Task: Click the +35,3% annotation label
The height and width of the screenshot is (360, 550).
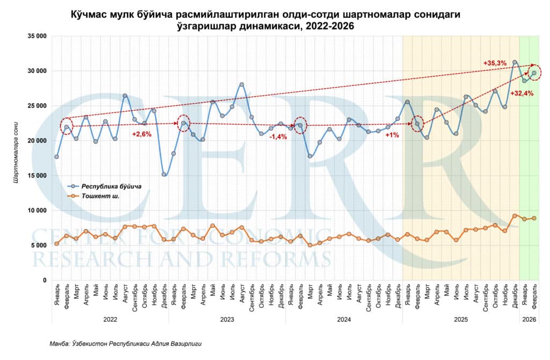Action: coord(495,63)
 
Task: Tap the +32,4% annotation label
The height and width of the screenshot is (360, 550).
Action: coord(521,93)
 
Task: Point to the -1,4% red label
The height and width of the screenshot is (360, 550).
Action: coord(278,137)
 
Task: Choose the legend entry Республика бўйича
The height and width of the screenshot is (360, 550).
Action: coord(111,186)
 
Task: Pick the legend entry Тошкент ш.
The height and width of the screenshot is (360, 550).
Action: coord(100,196)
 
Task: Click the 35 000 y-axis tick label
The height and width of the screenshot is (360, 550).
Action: coord(35,36)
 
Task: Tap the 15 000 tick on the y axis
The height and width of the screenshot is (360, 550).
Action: coord(35,175)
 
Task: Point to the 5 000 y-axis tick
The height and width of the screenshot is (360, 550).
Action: coord(37,245)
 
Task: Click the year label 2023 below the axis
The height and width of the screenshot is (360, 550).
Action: coord(227,319)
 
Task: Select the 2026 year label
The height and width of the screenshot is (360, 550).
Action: coord(529,319)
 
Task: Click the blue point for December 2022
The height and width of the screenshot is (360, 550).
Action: coord(164,174)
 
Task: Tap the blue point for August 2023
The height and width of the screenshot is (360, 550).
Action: coord(242,84)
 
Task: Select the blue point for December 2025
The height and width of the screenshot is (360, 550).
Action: coord(515,62)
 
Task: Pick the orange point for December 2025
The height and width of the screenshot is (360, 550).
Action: coord(515,216)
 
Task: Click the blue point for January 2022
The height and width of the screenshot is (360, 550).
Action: coord(56,157)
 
